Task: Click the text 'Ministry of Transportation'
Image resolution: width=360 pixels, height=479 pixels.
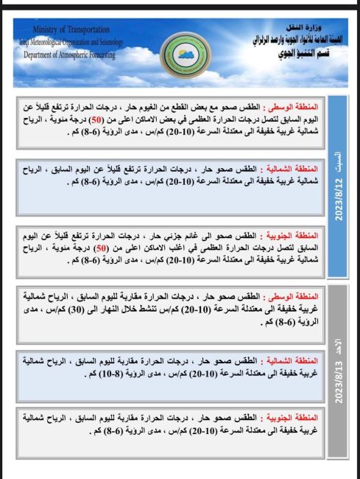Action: click(70, 29)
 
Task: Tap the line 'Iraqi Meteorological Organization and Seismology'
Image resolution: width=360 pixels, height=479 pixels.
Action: click(70, 41)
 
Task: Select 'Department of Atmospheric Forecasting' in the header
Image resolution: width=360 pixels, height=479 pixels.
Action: click(70, 54)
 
